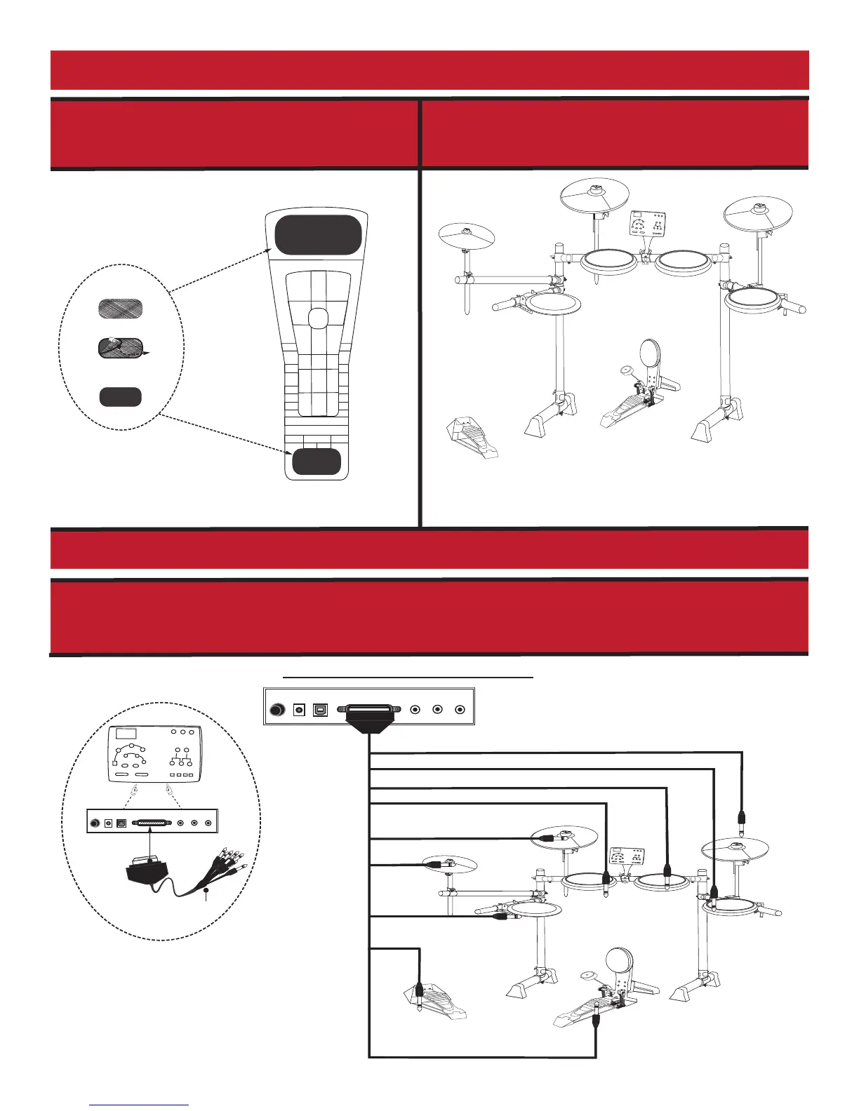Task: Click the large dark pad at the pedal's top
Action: pyautogui.click(x=318, y=235)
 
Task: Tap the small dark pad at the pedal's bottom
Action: pyautogui.click(x=317, y=462)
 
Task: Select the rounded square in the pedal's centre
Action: pyautogui.click(x=317, y=318)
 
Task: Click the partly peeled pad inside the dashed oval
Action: pyautogui.click(x=120, y=347)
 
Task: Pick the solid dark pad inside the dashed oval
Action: pyautogui.click(x=120, y=397)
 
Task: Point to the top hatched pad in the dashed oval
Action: pyautogui.click(x=120, y=309)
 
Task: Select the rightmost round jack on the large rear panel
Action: pyautogui.click(x=461, y=710)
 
